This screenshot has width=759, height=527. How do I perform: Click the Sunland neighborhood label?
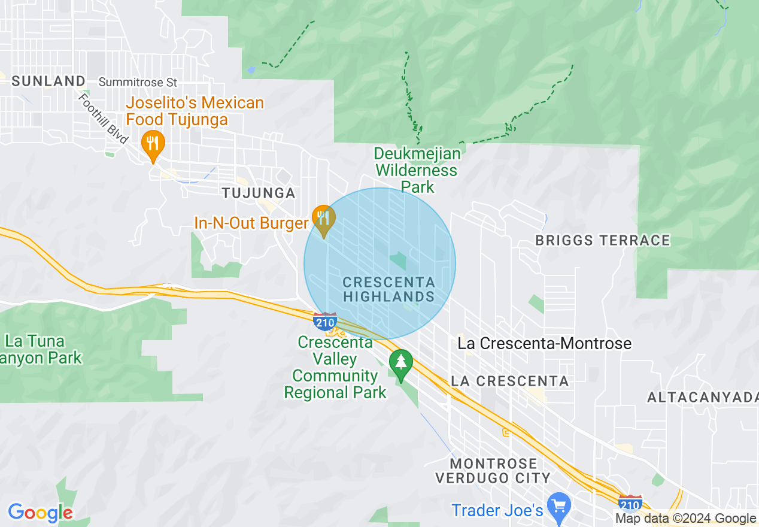pyautogui.click(x=48, y=81)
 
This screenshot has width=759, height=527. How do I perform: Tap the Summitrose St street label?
pyautogui.click(x=138, y=81)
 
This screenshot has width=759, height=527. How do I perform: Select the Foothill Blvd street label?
pyautogui.click(x=103, y=119)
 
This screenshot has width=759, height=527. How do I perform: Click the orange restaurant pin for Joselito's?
pyautogui.click(x=153, y=144)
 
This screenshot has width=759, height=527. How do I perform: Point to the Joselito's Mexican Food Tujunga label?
pyautogui.click(x=195, y=111)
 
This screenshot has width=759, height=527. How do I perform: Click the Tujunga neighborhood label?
pyautogui.click(x=259, y=193)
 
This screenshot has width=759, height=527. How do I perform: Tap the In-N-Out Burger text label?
pyautogui.click(x=251, y=223)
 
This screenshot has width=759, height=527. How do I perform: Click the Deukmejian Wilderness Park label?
pyautogui.click(x=418, y=170)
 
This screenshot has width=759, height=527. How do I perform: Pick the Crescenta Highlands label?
pyautogui.click(x=389, y=289)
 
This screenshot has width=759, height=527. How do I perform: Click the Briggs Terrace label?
pyautogui.click(x=603, y=241)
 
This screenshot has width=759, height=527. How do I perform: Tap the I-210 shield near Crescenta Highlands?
pyautogui.click(x=325, y=322)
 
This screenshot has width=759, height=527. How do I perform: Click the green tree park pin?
pyautogui.click(x=400, y=362)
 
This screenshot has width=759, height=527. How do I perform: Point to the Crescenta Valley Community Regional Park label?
pyautogui.click(x=336, y=368)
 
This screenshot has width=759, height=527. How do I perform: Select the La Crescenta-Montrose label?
pyautogui.click(x=544, y=344)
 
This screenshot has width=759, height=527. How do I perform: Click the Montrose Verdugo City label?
pyautogui.click(x=493, y=471)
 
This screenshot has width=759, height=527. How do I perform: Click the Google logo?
pyautogui.click(x=40, y=513)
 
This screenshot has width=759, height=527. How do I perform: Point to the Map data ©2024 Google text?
pyautogui.click(x=685, y=519)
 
